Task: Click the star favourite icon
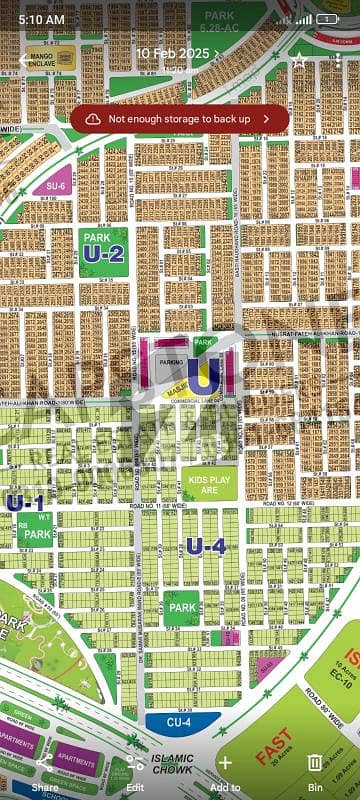[x=299, y=60]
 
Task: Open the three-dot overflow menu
[x=339, y=60]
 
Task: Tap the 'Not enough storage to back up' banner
[x=180, y=118]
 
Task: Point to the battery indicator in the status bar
[x=327, y=19]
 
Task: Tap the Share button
[x=45, y=770]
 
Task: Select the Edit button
[x=134, y=770]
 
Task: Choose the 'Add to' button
[x=225, y=770]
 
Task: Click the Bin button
[x=314, y=770]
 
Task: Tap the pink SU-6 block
[x=54, y=185]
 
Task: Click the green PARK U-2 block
[x=103, y=251]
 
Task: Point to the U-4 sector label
[x=206, y=546]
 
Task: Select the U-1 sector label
[x=25, y=502]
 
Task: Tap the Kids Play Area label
[x=209, y=483]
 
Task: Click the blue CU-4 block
[x=178, y=720]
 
